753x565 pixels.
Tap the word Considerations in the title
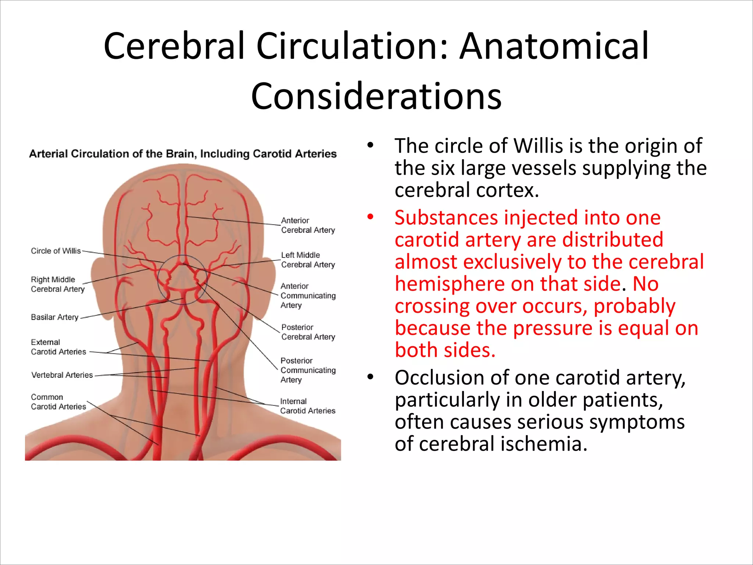pyautogui.click(x=376, y=96)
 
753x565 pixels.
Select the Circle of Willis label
pyautogui.click(x=56, y=251)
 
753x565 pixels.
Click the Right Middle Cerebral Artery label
pyautogui.click(x=57, y=284)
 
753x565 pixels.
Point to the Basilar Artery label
pyautogui.click(x=54, y=317)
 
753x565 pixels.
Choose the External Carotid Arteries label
pyautogui.click(x=58, y=347)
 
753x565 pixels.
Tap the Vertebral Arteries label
pyautogui.click(x=62, y=375)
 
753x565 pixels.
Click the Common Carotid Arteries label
pyautogui.click(x=58, y=402)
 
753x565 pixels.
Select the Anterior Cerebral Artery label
pyautogui.click(x=308, y=225)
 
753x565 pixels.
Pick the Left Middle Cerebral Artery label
pyautogui.click(x=308, y=260)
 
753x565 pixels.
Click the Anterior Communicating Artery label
pyautogui.click(x=308, y=295)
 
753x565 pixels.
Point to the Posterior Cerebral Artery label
pyautogui.click(x=308, y=332)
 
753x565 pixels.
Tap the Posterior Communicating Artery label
pyautogui.click(x=308, y=370)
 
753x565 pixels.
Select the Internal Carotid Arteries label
pyautogui.click(x=307, y=406)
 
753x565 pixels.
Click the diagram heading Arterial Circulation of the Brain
pyautogui.click(x=183, y=153)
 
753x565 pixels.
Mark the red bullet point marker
pyautogui.click(x=370, y=217)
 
